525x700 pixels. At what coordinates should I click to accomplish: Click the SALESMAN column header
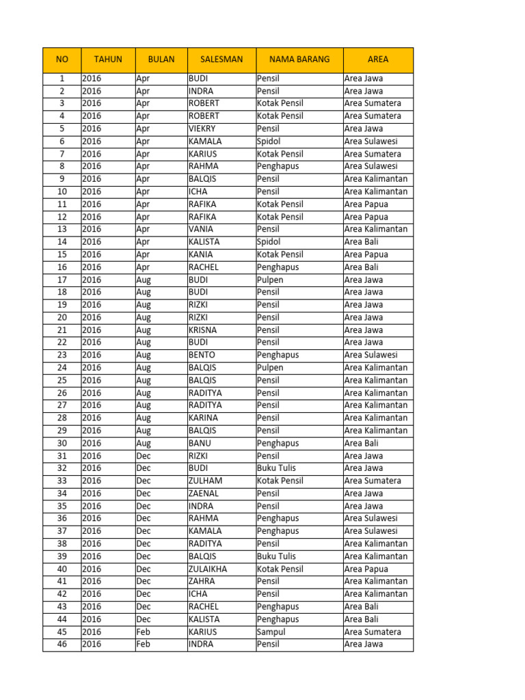point(221,59)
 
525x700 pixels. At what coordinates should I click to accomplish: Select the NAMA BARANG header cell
point(299,59)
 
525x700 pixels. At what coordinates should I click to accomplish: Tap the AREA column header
point(378,59)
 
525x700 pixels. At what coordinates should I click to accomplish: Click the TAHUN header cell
point(108,59)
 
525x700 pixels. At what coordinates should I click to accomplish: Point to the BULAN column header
point(161,59)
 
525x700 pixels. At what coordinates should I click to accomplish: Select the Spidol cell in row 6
point(269,142)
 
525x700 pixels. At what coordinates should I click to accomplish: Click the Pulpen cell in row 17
point(270,280)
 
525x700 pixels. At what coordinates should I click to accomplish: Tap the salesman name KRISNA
point(202,330)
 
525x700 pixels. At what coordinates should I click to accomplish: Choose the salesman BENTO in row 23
point(202,355)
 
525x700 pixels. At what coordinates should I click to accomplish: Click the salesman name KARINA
point(203,418)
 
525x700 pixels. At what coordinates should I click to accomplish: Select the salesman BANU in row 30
point(200,443)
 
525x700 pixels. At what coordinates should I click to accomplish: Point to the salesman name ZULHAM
point(205,481)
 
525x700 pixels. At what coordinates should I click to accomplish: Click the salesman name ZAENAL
point(204,494)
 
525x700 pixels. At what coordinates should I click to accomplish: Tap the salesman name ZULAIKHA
point(208,569)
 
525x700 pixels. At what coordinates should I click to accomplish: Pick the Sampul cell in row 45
point(271,632)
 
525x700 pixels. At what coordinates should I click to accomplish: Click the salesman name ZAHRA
point(202,581)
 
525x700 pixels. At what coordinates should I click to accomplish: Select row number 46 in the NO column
point(62,644)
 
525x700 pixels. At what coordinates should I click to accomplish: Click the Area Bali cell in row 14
point(362,242)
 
